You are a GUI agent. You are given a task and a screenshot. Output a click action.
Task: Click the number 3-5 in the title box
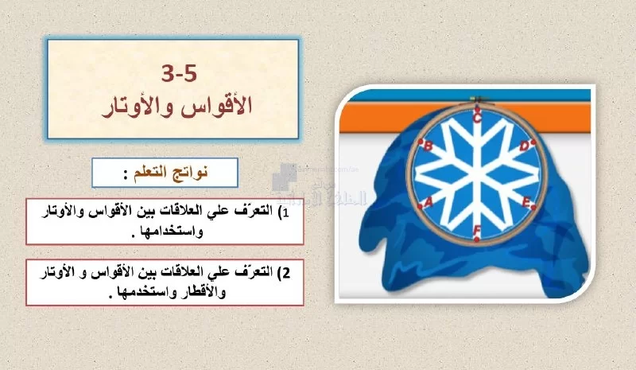coord(179,73)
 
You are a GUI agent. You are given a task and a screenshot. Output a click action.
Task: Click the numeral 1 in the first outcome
coord(285,212)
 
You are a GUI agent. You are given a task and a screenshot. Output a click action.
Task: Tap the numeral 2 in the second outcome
coord(286,273)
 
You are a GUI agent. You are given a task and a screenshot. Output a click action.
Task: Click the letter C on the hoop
coord(478,119)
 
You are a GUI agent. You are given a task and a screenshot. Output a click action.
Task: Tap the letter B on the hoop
coord(428,146)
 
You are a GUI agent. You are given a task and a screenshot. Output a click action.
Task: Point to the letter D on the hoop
coord(525,146)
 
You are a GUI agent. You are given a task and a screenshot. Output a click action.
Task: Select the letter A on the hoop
coord(429,201)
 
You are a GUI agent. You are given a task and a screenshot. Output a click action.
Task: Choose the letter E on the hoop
coord(525,202)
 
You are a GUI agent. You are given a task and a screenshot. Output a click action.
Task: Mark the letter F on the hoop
coord(477,230)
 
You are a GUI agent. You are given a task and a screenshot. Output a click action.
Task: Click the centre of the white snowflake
coord(478,174)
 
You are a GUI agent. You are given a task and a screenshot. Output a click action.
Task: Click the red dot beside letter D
coord(533,142)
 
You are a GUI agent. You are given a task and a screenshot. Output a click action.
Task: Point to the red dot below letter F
coord(476,240)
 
